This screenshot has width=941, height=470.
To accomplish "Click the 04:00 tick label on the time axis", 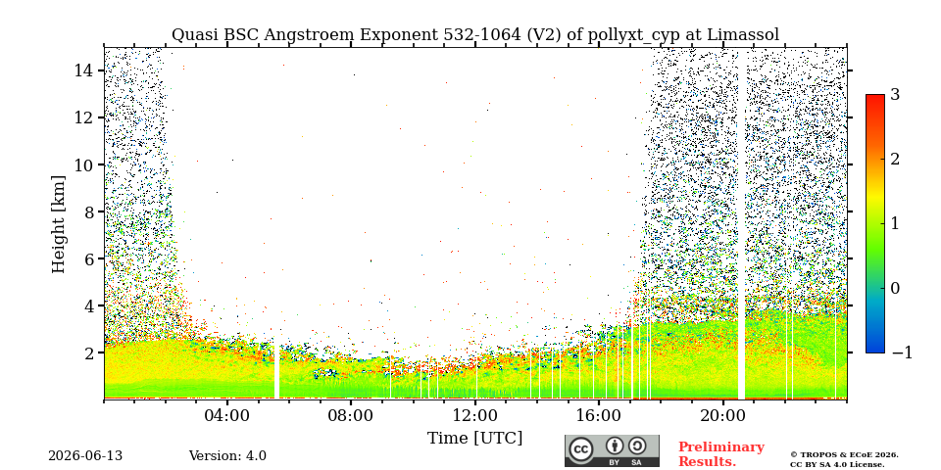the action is [x=227, y=415].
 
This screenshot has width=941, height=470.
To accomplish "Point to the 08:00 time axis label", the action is [x=352, y=415].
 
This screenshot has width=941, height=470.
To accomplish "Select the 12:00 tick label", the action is [x=475, y=415].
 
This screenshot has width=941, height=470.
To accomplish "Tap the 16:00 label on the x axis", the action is [x=599, y=415].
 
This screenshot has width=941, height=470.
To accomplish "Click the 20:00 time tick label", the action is [x=723, y=415].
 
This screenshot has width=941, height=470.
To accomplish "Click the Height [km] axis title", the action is [x=58, y=224].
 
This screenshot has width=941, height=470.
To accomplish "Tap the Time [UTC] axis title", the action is [x=474, y=439].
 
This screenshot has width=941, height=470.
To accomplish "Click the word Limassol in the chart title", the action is [x=743, y=35].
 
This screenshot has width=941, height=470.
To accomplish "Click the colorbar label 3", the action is [x=895, y=95].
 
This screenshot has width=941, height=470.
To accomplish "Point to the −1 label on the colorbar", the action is [x=902, y=353].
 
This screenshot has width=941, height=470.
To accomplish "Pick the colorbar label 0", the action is [x=895, y=288].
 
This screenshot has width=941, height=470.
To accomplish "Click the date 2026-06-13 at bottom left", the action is [x=85, y=456].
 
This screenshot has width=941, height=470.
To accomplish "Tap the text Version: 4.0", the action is [x=227, y=456].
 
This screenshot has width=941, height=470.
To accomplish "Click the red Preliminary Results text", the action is [x=721, y=454].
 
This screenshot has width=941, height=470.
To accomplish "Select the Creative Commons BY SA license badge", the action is [x=612, y=450].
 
